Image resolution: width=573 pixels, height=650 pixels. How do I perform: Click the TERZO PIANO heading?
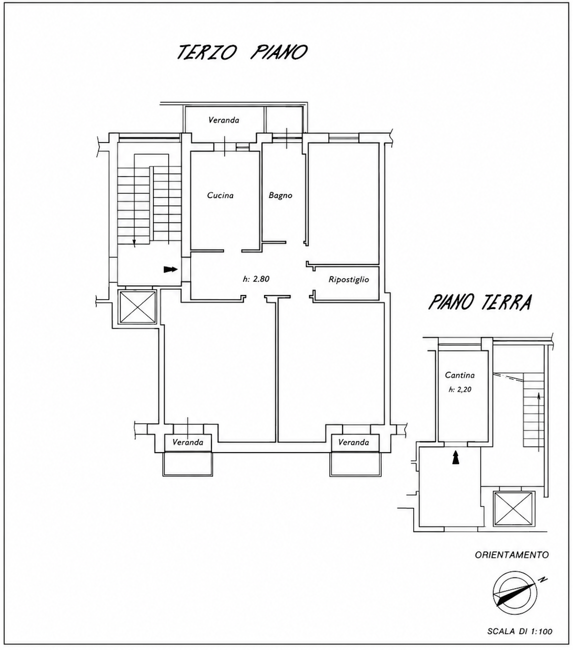242,52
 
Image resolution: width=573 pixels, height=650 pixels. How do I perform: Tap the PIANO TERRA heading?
480,302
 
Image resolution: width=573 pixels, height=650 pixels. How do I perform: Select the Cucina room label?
220,195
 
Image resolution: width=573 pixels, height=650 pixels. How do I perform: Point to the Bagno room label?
280,195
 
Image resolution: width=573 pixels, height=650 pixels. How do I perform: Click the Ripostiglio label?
348,279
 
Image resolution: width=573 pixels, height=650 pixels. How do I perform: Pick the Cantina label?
459,375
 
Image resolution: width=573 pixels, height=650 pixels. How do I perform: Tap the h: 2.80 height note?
256,279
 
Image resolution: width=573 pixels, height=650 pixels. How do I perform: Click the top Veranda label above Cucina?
223,120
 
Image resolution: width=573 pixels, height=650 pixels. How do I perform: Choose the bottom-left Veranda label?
187,442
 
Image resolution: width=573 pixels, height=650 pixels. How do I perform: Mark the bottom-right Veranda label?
353,442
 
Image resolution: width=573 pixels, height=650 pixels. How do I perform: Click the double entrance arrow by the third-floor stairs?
170,269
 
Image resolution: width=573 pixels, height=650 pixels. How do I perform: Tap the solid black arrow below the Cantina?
455,457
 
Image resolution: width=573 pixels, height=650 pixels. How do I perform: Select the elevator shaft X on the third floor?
137,306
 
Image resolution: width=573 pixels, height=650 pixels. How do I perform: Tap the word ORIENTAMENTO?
511,555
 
